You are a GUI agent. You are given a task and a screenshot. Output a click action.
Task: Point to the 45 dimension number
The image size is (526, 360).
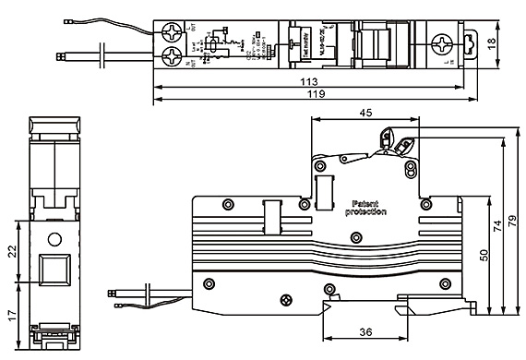[366, 112]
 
